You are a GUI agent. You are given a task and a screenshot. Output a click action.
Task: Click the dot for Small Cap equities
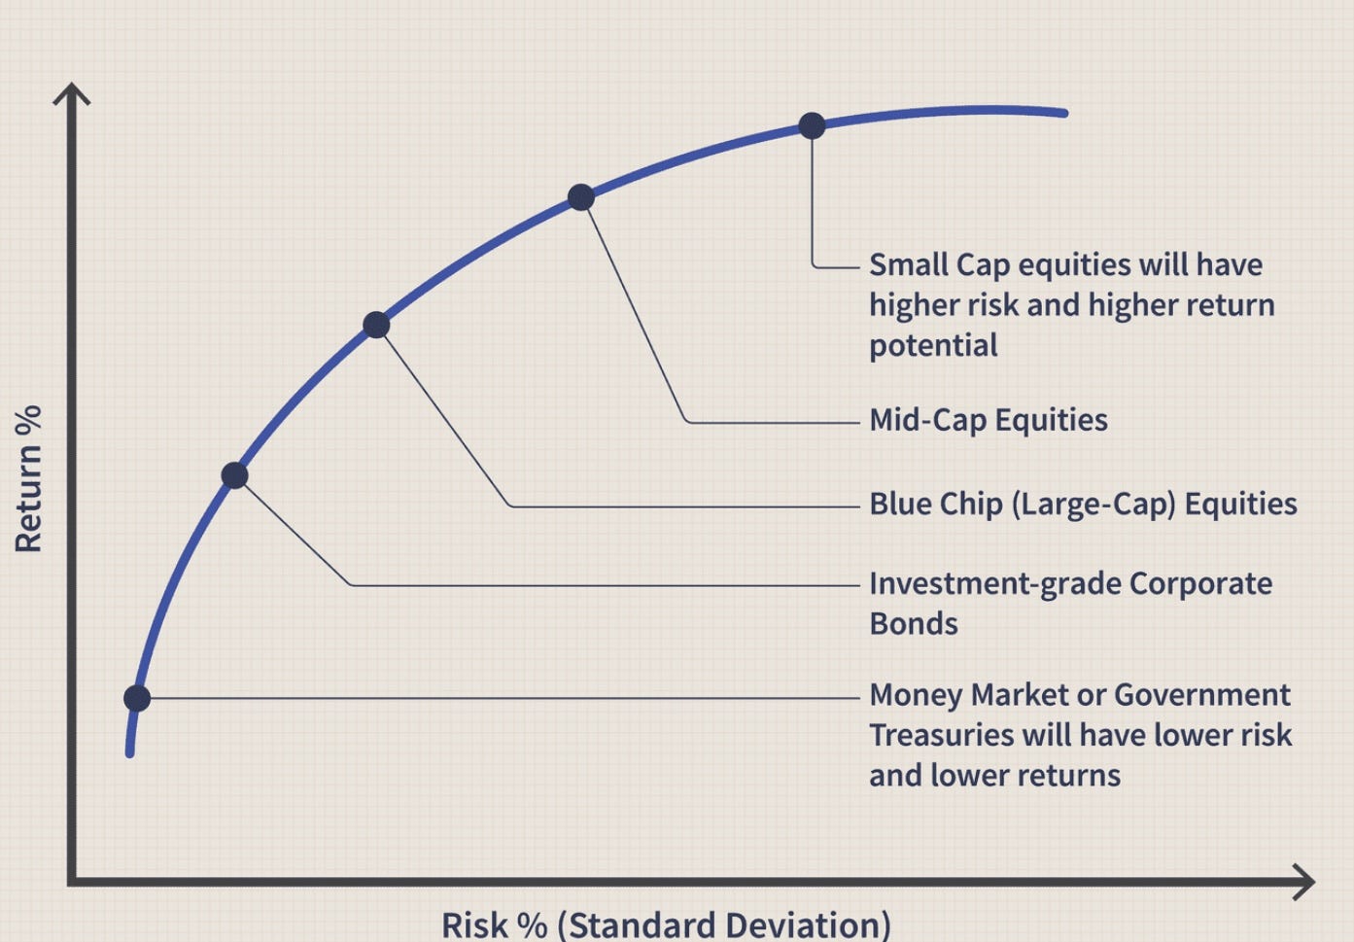coord(812,125)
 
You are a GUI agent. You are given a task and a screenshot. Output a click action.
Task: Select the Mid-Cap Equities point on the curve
coord(580,197)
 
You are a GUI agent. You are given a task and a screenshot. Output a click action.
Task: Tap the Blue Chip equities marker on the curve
coord(376,325)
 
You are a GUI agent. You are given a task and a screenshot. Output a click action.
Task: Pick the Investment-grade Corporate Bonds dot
coord(234,475)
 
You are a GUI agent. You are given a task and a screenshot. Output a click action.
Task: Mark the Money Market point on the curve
coord(137,698)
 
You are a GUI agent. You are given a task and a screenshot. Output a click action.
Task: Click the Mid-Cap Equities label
coord(988,420)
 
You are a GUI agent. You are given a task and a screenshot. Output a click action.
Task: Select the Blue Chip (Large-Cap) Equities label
coord(1082,504)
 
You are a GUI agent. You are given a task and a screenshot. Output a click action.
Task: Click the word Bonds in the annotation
coord(913,623)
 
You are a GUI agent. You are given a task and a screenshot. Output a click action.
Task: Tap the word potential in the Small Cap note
coord(932,345)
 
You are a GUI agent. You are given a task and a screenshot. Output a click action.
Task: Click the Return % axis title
coord(29,478)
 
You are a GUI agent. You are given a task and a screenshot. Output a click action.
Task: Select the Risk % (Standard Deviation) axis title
coord(666,924)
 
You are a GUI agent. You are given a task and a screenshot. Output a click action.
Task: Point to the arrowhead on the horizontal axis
coord(1305,883)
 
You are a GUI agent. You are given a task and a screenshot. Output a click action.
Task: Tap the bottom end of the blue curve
coord(129,751)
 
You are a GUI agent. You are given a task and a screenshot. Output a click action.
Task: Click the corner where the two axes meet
coord(72,882)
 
